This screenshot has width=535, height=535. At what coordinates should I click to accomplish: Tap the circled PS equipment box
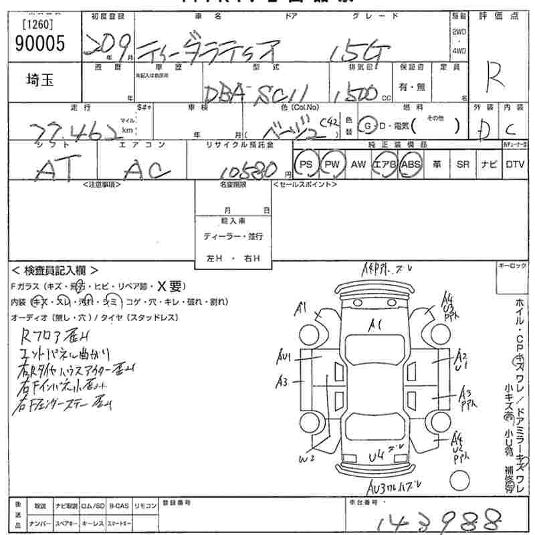coord(306,164)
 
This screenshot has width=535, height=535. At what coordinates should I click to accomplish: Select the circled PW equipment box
coord(332,164)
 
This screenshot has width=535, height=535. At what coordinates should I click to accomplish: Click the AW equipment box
coord(358,164)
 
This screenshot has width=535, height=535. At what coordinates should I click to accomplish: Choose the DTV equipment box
coord(515,164)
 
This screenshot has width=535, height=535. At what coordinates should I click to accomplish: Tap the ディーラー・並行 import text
coord(233,236)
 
